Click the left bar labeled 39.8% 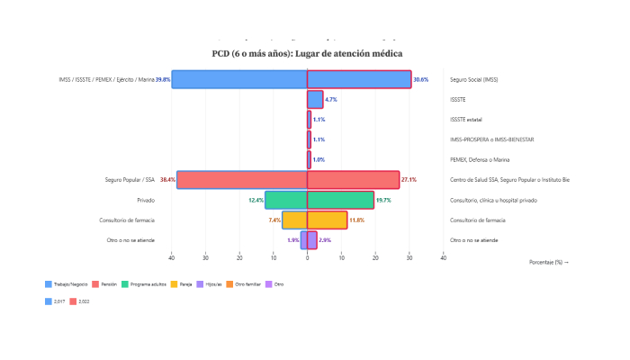tap(239, 79)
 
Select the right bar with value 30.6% tap(359, 79)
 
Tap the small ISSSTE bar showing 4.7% tap(315, 99)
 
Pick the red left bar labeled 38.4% tap(242, 180)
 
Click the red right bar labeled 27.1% tap(353, 180)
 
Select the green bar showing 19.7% tap(340, 200)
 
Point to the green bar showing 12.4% tap(286, 200)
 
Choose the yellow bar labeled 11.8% tap(327, 220)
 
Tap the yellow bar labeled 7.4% tap(295, 220)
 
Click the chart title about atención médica tap(307, 54)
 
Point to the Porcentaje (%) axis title tap(549, 262)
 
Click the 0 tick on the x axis tap(308, 256)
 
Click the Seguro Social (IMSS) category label tap(474, 80)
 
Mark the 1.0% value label tap(319, 159)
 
